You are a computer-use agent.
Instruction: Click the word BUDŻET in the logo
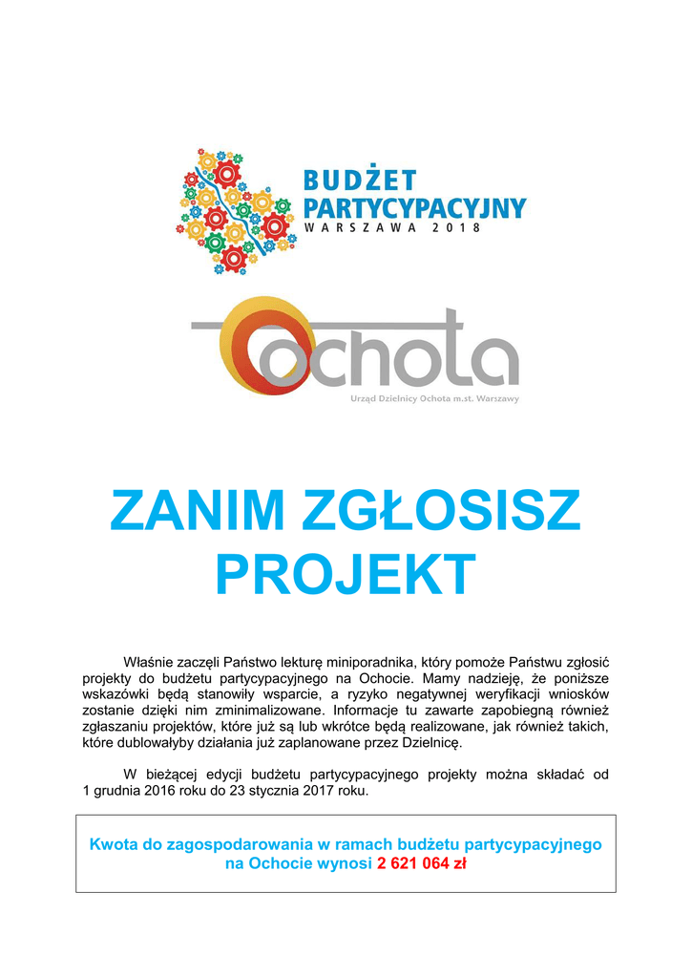(x=360, y=180)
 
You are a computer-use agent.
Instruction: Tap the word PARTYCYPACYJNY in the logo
(x=414, y=207)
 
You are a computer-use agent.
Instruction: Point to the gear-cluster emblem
(x=235, y=210)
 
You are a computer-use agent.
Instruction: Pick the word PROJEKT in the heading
(x=346, y=574)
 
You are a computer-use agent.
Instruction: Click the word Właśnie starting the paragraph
(x=151, y=662)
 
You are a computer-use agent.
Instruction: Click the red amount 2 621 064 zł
(x=421, y=864)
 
